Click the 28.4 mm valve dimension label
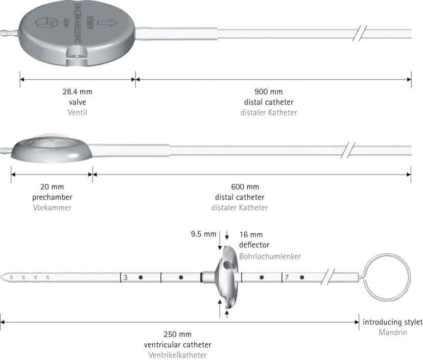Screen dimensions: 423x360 click(x=78, y=92)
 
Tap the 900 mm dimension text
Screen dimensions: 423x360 click(x=269, y=92)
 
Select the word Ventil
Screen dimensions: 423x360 click(x=78, y=112)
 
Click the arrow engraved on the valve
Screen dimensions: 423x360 click(x=107, y=22)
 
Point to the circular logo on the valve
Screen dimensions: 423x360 click(x=47, y=23)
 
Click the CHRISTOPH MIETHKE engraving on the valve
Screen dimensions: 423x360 click(x=79, y=22)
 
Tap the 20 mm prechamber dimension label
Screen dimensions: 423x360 click(x=52, y=186)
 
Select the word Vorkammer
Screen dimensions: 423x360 click(x=52, y=207)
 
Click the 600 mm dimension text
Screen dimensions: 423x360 click(x=245, y=186)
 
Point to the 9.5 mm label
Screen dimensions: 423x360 click(x=203, y=234)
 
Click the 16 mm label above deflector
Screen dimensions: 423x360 click(x=251, y=234)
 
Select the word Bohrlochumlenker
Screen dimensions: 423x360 click(x=270, y=256)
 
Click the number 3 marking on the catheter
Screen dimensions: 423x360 click(x=126, y=277)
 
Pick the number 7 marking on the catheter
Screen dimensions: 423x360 click(x=287, y=277)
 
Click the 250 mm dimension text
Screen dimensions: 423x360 click(x=177, y=334)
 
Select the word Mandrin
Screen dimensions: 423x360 click(x=393, y=332)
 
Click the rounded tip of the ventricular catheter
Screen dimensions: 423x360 click(x=2, y=277)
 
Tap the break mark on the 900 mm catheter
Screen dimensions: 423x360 click(x=360, y=33)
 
